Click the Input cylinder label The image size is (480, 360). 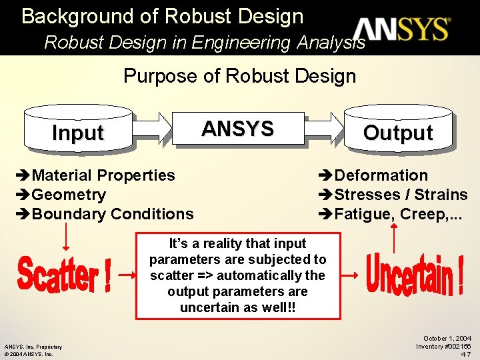point(78,133)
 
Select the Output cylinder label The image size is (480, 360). point(398,133)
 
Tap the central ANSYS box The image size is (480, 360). point(238,129)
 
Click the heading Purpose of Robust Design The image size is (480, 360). point(240,75)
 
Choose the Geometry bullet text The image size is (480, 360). point(69,195)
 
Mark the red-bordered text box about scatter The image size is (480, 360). point(238,275)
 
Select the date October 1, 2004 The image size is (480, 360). point(447,339)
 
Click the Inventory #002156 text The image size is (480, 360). point(443,347)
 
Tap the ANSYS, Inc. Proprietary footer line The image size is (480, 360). point(33,347)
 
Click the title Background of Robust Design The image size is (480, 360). point(162,16)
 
